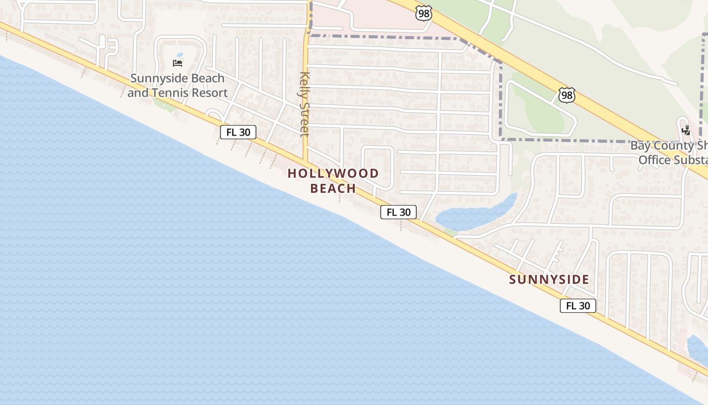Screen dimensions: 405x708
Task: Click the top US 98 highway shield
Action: pos(424,13)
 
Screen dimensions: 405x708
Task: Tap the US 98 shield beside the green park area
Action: pos(567,95)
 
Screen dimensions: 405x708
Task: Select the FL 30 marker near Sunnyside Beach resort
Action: pos(238,132)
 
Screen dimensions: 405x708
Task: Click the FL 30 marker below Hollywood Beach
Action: pos(399,212)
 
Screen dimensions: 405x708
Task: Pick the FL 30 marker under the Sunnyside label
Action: pos(578,306)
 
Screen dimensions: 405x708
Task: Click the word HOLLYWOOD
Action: pos(333,174)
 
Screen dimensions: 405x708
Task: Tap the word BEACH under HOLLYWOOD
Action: pos(333,188)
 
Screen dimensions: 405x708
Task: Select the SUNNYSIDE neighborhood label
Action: pos(549,279)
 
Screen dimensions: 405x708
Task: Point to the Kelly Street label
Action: pos(304,104)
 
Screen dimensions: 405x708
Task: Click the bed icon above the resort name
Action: pos(178,63)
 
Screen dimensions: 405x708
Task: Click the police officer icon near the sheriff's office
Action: pos(686,130)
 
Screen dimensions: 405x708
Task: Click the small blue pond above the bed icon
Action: pos(179,55)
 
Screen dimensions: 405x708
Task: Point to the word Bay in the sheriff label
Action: pos(640,146)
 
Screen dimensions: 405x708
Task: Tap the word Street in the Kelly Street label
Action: pos(304,119)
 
